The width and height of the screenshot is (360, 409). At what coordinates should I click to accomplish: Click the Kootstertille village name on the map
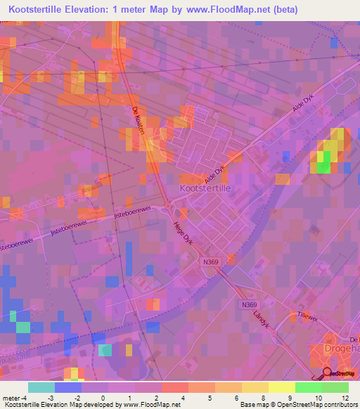206,189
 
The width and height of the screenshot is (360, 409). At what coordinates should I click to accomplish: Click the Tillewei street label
308,316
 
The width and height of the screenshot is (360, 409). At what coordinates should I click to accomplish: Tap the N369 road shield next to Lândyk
247,304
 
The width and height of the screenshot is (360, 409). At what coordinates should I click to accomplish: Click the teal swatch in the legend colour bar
41,387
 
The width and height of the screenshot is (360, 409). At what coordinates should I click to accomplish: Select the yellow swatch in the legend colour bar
281,387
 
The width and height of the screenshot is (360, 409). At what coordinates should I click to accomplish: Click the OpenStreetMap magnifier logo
326,372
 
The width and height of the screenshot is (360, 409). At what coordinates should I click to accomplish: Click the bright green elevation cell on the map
323,167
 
